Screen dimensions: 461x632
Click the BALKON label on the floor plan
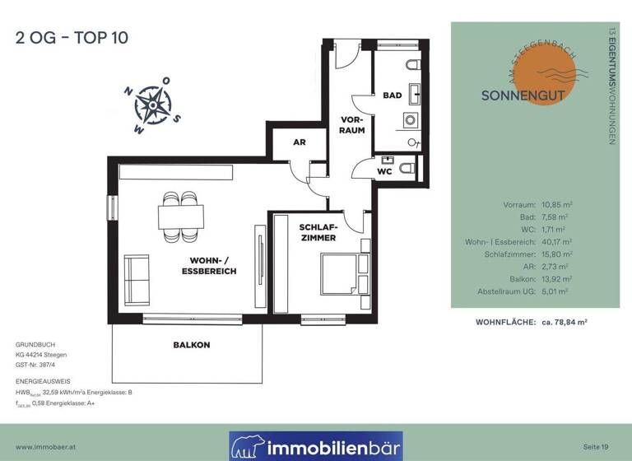pos(191,344)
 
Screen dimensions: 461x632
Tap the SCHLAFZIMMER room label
pos(318,232)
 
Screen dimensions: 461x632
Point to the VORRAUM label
pos(353,124)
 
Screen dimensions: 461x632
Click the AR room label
pos(300,142)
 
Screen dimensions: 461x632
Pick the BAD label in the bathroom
pos(392,95)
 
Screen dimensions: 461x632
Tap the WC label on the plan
pos(385,171)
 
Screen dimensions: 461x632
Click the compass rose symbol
pos(151,105)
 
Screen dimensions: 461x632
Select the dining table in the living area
pos(181,216)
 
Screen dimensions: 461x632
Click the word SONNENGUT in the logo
pos(523,95)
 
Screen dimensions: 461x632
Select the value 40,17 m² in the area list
pos(558,242)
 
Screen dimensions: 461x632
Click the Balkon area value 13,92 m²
pos(558,279)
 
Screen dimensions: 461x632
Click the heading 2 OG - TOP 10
pos(72,37)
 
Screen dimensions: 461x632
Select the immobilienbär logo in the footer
pos(316,446)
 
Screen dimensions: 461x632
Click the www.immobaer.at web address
pos(47,446)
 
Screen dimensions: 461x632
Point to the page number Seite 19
pos(594,446)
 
